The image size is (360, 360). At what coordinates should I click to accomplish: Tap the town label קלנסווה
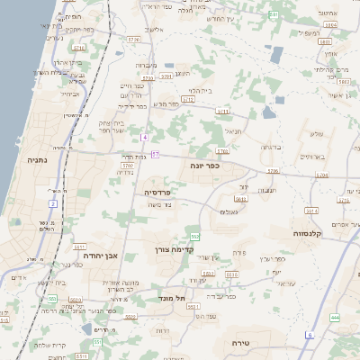pyautogui.click(x=310, y=233)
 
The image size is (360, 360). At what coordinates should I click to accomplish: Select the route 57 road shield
pyautogui.click(x=155, y=155)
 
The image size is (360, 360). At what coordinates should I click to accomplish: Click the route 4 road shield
pyautogui.click(x=143, y=137)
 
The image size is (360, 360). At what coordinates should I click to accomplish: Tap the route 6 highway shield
pyautogui.click(x=309, y=335)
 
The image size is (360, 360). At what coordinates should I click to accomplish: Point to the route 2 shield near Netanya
pyautogui.click(x=53, y=204)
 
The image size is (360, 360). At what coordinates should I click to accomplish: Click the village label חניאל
pyautogui.click(x=232, y=130)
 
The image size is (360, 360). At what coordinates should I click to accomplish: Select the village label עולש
pyautogui.click(x=315, y=134)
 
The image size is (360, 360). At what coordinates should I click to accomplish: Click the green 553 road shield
pyautogui.click(x=195, y=237)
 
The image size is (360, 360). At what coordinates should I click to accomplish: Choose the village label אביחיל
pyautogui.click(x=69, y=94)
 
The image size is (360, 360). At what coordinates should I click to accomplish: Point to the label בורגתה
pyautogui.click(x=272, y=146)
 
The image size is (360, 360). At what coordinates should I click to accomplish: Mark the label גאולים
pyautogui.click(x=229, y=211)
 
